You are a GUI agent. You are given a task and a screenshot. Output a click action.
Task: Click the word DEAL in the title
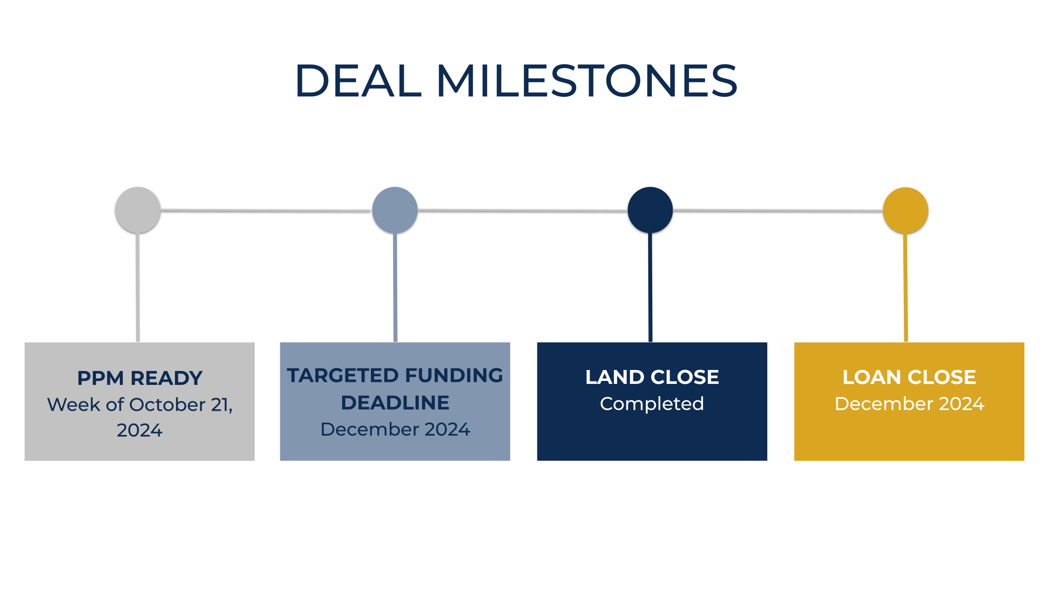tap(358, 80)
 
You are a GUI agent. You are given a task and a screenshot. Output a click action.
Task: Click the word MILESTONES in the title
tap(587, 80)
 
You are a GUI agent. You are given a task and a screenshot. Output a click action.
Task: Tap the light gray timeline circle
tap(138, 210)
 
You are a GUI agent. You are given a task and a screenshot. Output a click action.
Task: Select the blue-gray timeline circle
tap(395, 210)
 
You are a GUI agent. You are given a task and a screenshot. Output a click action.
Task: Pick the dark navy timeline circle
tap(650, 210)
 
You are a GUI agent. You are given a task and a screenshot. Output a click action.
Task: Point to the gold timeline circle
tap(906, 210)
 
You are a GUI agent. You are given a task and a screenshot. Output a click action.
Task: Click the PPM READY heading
tap(140, 378)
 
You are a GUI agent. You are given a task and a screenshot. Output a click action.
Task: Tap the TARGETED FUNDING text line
tap(395, 375)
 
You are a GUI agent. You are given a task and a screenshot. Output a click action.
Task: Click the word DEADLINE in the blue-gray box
tap(395, 403)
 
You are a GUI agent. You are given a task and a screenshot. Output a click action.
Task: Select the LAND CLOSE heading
tap(652, 377)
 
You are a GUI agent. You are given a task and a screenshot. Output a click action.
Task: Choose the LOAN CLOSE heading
tap(909, 377)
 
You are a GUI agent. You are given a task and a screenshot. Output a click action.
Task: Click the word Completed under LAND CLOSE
tap(652, 404)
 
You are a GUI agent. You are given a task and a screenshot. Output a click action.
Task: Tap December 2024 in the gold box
tap(909, 404)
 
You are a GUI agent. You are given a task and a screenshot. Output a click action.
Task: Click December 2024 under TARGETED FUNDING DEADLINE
tap(395, 429)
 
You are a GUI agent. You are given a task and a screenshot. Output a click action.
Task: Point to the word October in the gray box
tap(161, 405)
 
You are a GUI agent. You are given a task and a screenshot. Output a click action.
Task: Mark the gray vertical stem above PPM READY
tap(138, 288)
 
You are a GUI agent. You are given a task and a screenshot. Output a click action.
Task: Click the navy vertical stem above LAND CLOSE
tap(650, 288)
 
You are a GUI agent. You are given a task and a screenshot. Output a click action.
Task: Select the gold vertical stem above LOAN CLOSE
tap(906, 288)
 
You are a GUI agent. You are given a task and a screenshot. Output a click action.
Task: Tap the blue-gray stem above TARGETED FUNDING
tap(395, 288)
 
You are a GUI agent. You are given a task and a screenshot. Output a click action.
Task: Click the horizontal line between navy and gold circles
tap(778, 211)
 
